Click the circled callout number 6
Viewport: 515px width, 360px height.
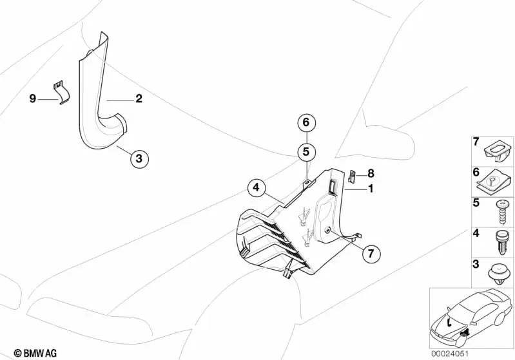[306, 122]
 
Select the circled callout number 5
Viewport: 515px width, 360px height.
[306, 151]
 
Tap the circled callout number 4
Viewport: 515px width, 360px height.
[257, 187]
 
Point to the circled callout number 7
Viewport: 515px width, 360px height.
[371, 253]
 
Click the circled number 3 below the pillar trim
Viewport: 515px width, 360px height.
[139, 158]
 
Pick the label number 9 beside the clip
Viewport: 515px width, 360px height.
[32, 99]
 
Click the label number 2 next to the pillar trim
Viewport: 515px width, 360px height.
[139, 98]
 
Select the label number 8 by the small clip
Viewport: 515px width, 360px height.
[371, 173]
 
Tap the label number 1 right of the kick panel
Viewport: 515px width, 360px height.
[371, 189]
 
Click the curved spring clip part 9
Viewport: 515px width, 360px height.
[62, 93]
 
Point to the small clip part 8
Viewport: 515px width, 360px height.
[352, 176]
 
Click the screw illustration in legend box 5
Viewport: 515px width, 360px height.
[503, 212]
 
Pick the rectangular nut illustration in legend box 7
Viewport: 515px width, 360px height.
[499, 153]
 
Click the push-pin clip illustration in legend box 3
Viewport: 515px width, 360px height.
[501, 276]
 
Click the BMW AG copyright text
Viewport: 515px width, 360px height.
[35, 353]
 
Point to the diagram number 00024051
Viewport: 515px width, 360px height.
[450, 354]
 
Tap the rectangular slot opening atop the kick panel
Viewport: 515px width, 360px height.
[331, 186]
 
